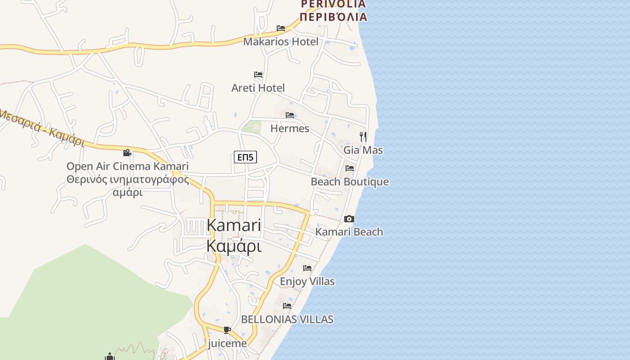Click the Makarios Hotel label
(280, 42)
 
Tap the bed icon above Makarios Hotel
(281, 28)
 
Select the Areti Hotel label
(258, 88)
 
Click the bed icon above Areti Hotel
(258, 75)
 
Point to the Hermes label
(289, 129)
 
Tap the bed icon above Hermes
(290, 116)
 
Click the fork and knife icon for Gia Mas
(363, 136)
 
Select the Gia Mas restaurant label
(363, 150)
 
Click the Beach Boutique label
(350, 182)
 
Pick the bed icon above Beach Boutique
(350, 169)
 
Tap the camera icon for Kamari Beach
(349, 219)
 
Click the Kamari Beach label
(349, 232)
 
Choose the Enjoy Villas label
(307, 282)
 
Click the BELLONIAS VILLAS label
(287, 319)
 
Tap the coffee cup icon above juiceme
(227, 330)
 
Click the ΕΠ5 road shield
(246, 157)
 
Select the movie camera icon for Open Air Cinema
(127, 153)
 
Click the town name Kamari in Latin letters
(234, 225)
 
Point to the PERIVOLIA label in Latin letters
(333, 4)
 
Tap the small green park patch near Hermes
(251, 127)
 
